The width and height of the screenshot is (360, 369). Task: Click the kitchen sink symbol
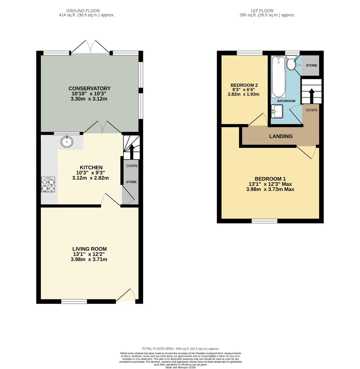click(x=67, y=141)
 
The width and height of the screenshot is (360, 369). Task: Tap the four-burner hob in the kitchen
click(x=48, y=185)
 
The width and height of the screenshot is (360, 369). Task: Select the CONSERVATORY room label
click(x=90, y=88)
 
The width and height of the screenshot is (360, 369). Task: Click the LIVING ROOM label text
click(x=89, y=249)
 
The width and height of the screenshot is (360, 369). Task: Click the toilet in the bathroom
click(x=292, y=64)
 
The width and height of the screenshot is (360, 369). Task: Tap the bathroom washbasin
click(x=277, y=111)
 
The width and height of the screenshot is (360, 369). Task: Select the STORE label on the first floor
click(x=311, y=65)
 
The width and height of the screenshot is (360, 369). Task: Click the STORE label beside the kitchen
click(x=131, y=182)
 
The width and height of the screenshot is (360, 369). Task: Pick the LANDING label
click(x=281, y=136)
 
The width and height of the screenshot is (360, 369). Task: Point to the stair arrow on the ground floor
click(x=132, y=150)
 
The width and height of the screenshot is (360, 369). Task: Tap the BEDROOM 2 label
click(x=244, y=85)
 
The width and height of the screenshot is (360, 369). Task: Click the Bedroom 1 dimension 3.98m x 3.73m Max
click(x=270, y=189)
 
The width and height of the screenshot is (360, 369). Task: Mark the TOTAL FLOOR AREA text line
click(x=181, y=348)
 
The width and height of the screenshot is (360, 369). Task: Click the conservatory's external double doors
click(x=90, y=47)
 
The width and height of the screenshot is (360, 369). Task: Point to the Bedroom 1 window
click(x=264, y=221)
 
